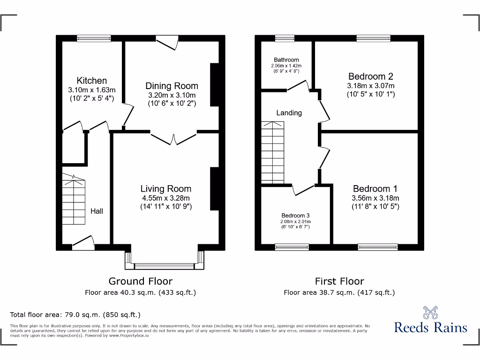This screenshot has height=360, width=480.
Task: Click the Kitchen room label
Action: click(92, 81)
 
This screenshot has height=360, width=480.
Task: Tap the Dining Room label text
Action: click(172, 86)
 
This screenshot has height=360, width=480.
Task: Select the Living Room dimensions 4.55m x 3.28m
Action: click(166, 197)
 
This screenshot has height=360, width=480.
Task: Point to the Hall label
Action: click(97, 211)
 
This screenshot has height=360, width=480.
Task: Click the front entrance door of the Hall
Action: click(83, 241)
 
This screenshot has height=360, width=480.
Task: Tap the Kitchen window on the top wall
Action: click(94, 38)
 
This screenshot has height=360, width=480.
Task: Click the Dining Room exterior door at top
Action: click(166, 42)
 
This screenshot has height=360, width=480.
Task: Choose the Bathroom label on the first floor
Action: click(286, 60)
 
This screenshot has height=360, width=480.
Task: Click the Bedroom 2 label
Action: click(370, 76)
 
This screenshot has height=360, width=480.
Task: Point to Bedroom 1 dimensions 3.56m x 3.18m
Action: click(375, 198)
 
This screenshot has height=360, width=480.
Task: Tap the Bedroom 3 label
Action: click(296, 216)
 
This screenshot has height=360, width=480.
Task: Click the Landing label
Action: click(289, 113)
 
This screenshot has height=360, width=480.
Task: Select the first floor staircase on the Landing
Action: click(272, 152)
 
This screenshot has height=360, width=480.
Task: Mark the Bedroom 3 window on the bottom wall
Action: click(292, 246)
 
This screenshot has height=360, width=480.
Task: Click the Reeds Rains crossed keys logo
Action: click(431, 313)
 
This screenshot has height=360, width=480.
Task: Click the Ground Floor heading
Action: click(140, 281)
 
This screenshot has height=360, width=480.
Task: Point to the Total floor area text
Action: click(75, 315)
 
